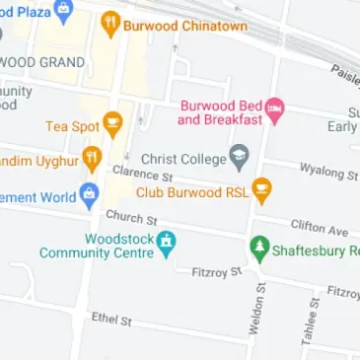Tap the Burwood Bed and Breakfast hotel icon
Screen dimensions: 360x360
coord(275,105)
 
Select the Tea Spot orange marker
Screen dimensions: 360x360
coord(113,125)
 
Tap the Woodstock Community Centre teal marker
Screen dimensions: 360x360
coord(167,240)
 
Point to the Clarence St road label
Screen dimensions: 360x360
coord(136,173)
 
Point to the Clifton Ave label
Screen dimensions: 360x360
coord(319,228)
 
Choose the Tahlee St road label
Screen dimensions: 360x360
coord(309,321)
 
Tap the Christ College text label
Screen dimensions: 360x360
coord(183,157)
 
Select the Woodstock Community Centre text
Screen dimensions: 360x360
coord(96,246)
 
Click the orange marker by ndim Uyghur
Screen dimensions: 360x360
coord(92,156)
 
